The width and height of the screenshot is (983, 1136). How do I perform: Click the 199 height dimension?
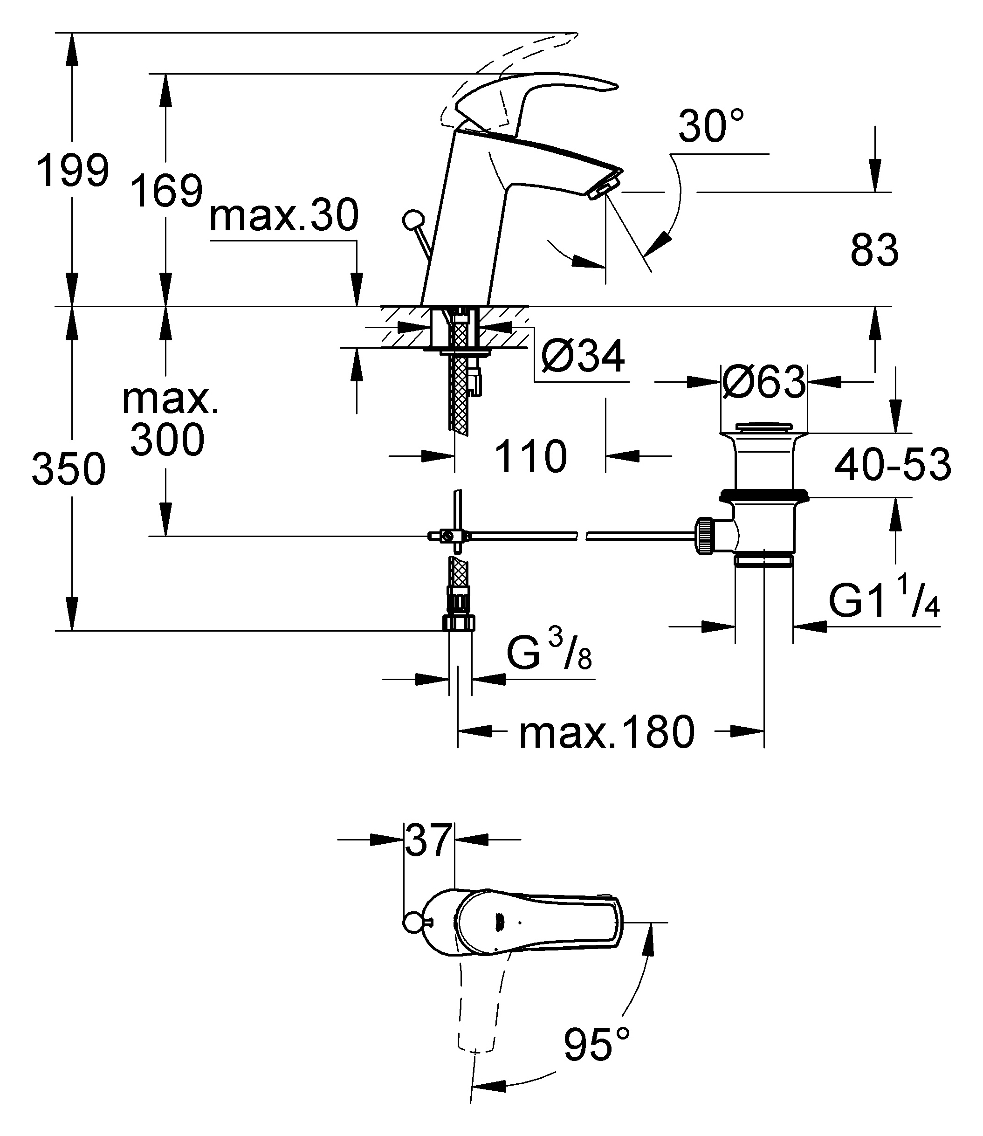72,171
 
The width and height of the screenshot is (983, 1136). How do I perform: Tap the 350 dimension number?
69,469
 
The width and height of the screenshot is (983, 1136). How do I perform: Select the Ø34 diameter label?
583,357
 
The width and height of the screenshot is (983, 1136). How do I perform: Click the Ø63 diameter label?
763,382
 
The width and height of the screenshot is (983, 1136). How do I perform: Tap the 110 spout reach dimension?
530,456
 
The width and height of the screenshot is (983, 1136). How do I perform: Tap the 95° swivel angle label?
596,1043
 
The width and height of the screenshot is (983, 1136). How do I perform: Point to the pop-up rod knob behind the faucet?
412,220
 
